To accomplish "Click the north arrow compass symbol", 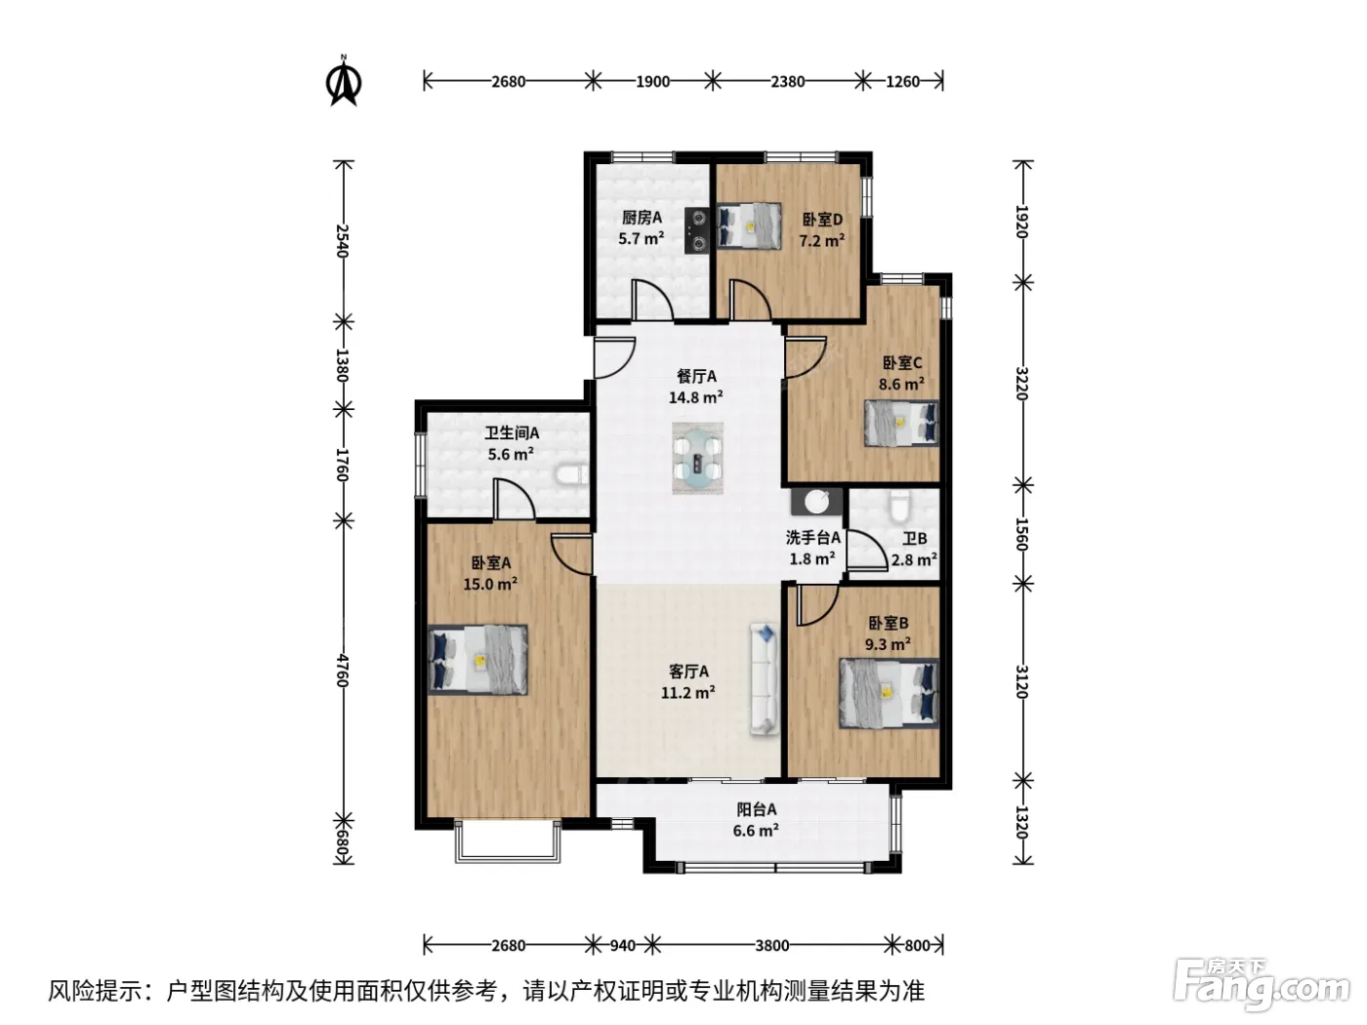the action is point(343,81).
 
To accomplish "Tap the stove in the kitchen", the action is point(697,230).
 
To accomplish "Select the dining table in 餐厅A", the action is point(697,458).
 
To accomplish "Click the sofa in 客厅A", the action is point(765,679).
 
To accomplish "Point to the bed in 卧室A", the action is point(478,660).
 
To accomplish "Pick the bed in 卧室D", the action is point(749,226).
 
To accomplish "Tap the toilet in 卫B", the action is point(898,507).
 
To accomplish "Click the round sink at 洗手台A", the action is point(816,502).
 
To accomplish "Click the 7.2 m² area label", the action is point(822,240).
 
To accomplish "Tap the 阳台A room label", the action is point(757,809).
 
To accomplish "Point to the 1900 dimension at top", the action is point(652,82).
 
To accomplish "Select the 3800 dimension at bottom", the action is point(772,945).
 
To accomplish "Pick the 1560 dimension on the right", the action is point(1021,534).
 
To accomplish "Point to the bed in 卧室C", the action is point(901,424).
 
